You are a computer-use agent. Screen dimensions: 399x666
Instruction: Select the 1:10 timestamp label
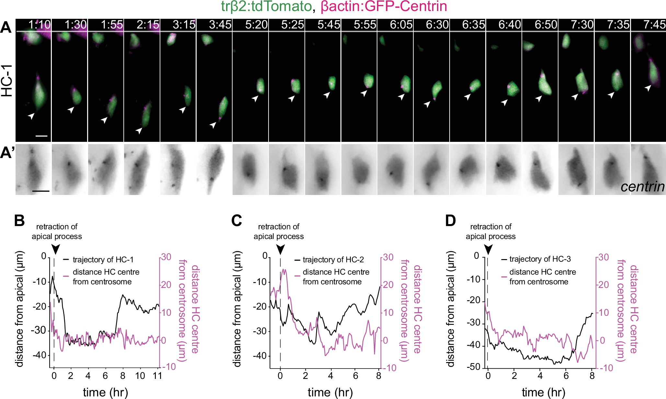coord(40,25)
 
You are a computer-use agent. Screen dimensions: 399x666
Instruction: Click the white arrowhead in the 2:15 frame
coord(139,131)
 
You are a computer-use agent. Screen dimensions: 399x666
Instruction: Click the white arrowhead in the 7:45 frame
coord(648,88)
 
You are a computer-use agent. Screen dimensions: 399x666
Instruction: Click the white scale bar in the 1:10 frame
coord(41,136)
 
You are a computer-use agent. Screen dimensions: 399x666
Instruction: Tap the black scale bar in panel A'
coord(41,191)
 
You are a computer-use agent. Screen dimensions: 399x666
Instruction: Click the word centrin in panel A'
coord(642,187)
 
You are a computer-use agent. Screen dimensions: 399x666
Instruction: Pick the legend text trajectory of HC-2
coord(333,260)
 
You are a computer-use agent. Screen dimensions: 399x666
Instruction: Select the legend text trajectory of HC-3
coord(540,259)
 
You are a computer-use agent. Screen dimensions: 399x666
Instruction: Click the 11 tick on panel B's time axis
coord(157,376)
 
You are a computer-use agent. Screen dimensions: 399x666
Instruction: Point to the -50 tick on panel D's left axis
coord(473,367)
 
